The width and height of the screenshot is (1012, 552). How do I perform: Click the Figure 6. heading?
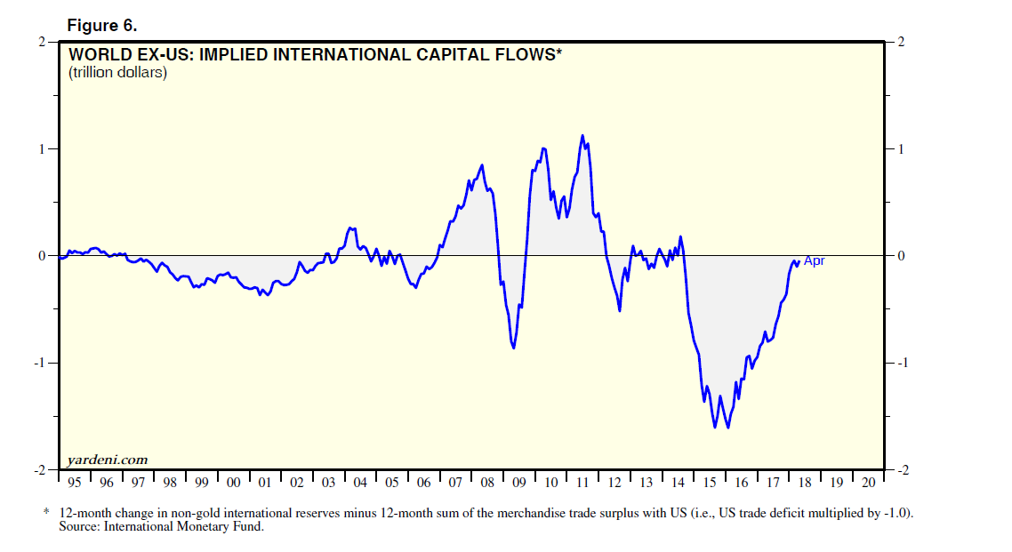pos(102,25)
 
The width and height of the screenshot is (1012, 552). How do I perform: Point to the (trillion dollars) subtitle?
pos(117,73)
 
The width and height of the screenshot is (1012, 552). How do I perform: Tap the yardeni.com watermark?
pos(107,460)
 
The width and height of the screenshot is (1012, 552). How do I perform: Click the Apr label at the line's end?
pos(814,260)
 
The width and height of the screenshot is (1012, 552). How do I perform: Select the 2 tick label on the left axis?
pos(42,42)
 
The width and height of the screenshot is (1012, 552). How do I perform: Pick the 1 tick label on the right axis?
pos(901,149)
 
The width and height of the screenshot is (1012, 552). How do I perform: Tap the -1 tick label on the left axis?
pos(39,363)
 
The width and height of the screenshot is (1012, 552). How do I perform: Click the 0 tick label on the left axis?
pos(42,256)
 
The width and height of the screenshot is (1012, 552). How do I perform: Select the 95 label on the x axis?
pos(75,482)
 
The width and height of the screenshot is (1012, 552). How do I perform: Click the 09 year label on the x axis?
pos(519,482)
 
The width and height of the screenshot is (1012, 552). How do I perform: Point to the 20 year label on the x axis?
pos(868,482)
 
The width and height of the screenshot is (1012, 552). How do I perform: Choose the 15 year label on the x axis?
pos(710,482)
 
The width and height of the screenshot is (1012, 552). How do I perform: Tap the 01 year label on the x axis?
pos(265,482)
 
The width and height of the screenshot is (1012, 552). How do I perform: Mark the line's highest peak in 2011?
pos(582,136)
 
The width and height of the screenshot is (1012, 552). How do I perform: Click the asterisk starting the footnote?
pos(46,514)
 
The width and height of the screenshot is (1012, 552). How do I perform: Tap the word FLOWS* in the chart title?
pos(532,55)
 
